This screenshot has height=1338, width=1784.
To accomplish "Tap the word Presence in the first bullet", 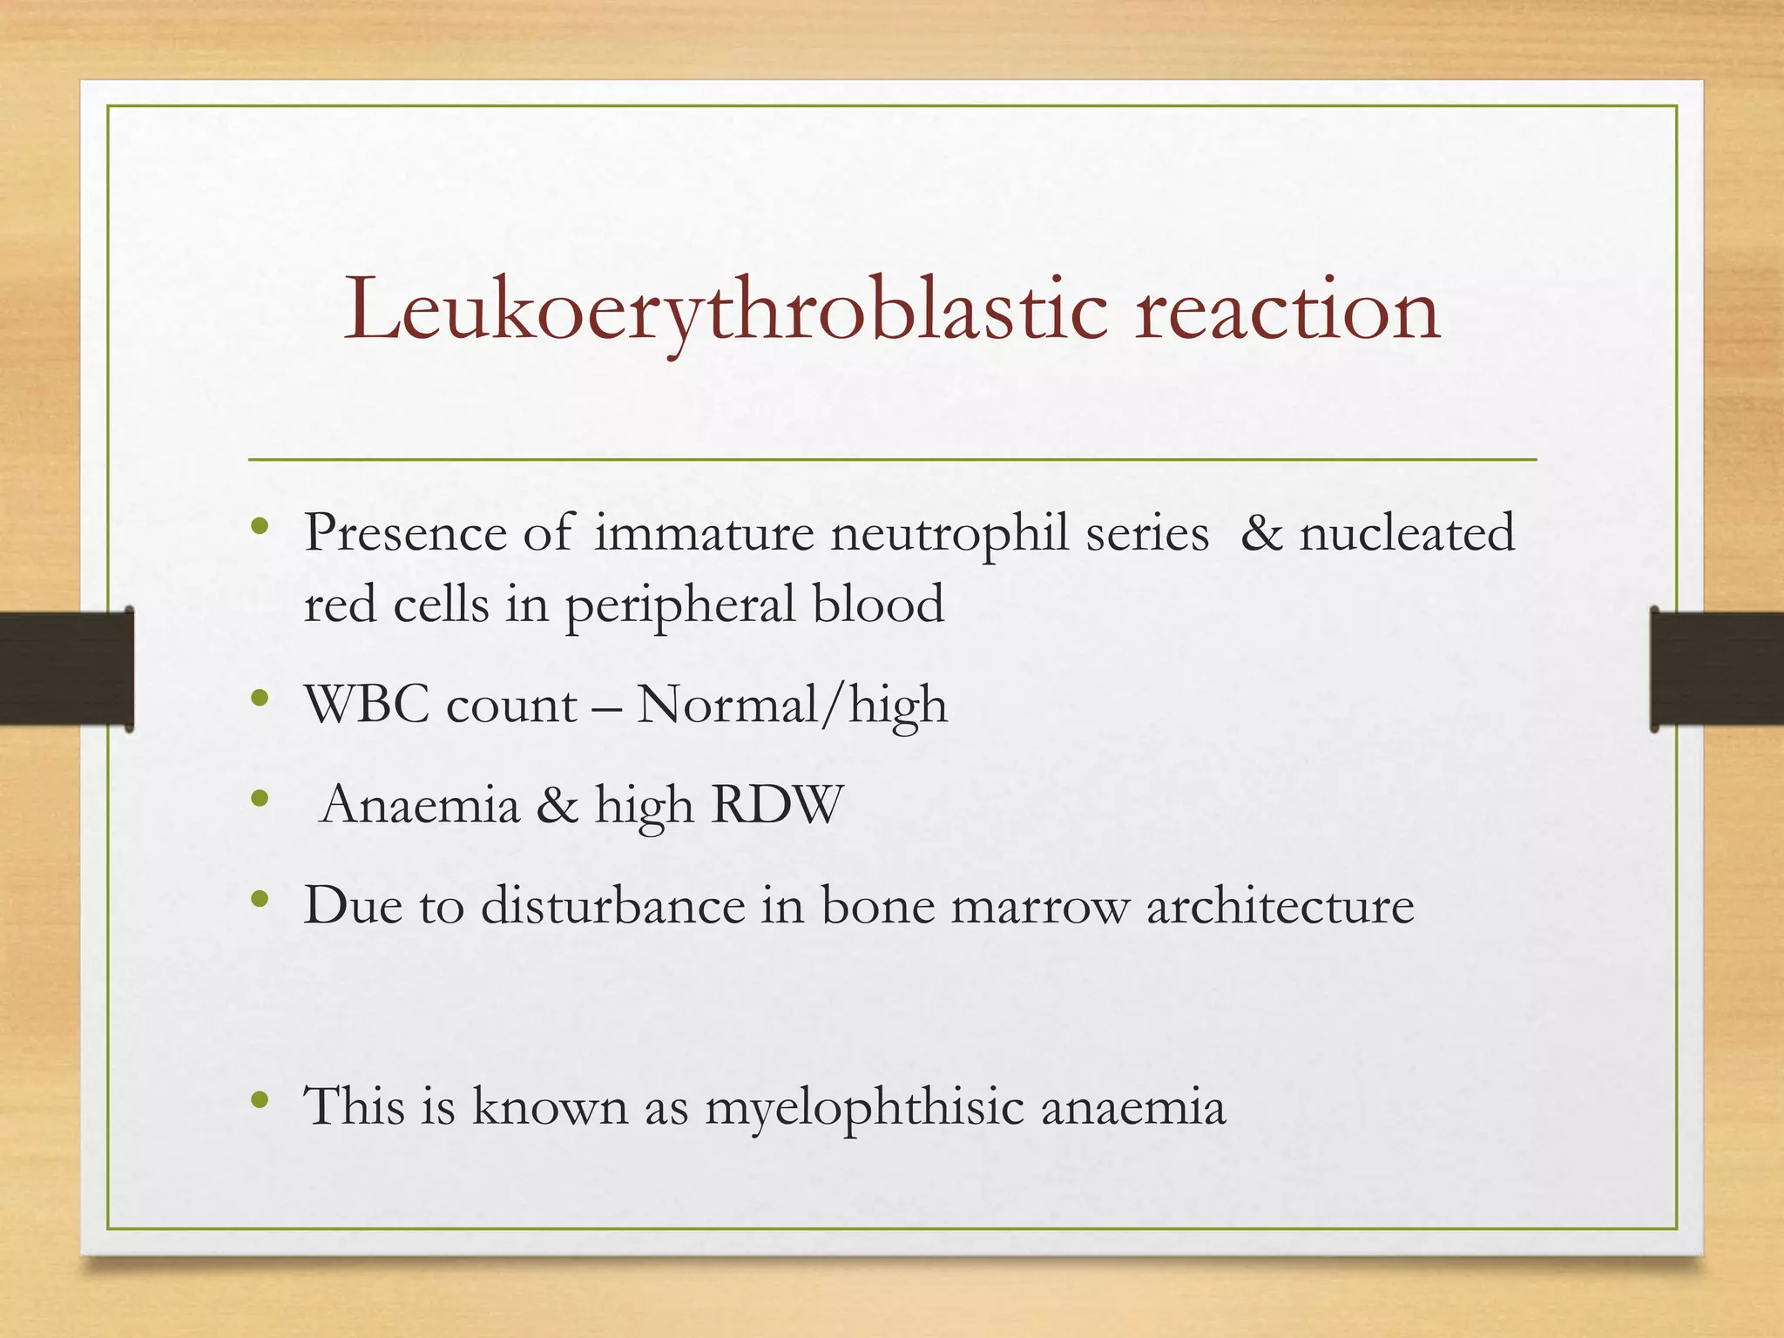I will point(405,533).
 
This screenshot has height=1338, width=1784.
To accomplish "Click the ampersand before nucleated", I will point(1261,533).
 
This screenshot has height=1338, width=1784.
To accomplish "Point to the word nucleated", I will point(1407,533).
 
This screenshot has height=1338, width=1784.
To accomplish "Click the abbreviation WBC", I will point(367,705).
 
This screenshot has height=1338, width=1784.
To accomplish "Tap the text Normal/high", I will point(792,705).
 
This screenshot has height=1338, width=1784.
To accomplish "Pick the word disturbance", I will point(613,906).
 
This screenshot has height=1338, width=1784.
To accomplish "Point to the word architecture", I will point(1280,906).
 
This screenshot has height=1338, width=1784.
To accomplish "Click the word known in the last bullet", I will point(550,1107).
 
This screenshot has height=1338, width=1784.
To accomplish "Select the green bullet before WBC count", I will point(259,698).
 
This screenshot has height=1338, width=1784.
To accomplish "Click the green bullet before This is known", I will point(259,1100).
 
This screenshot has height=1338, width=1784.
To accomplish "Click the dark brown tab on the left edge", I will point(66,669).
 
